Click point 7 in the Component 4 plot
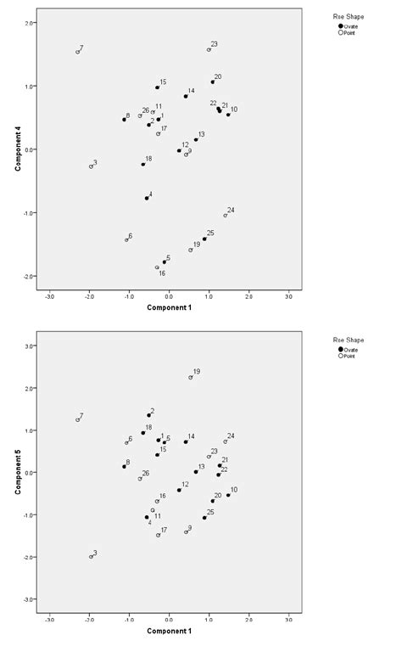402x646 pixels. pyautogui.click(x=77, y=52)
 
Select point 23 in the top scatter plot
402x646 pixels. pyautogui.click(x=209, y=49)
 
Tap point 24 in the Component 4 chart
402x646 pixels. pyautogui.click(x=226, y=215)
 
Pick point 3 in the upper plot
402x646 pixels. pyautogui.click(x=91, y=166)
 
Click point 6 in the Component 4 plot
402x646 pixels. pyautogui.click(x=126, y=239)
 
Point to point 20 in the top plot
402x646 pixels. pyautogui.click(x=213, y=81)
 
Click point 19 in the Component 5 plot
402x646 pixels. pyautogui.click(x=191, y=377)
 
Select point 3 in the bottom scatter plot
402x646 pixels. pyautogui.click(x=91, y=556)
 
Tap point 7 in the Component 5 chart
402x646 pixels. pyautogui.click(x=77, y=419)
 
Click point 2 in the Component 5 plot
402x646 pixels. pyautogui.click(x=148, y=415)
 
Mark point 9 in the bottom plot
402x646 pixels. pyautogui.click(x=186, y=531)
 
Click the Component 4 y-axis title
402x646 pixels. pyautogui.click(x=17, y=149)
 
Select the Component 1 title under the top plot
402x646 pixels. pyautogui.click(x=169, y=306)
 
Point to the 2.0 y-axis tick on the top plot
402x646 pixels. pyautogui.click(x=30, y=23)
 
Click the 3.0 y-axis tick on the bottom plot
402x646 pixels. pyautogui.click(x=30, y=345)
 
